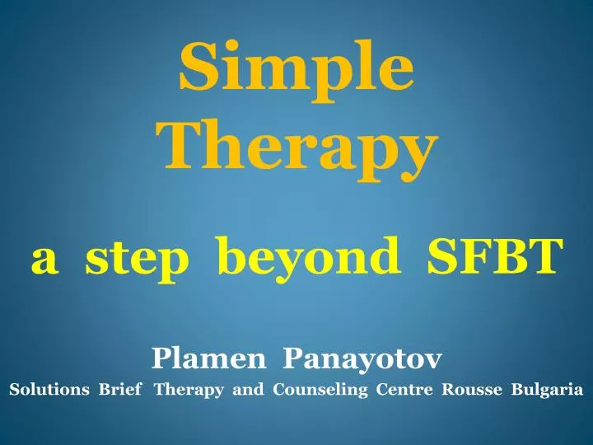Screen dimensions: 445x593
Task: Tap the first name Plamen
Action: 208,358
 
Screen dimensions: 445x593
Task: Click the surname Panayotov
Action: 363,358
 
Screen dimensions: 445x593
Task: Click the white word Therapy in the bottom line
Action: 189,391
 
